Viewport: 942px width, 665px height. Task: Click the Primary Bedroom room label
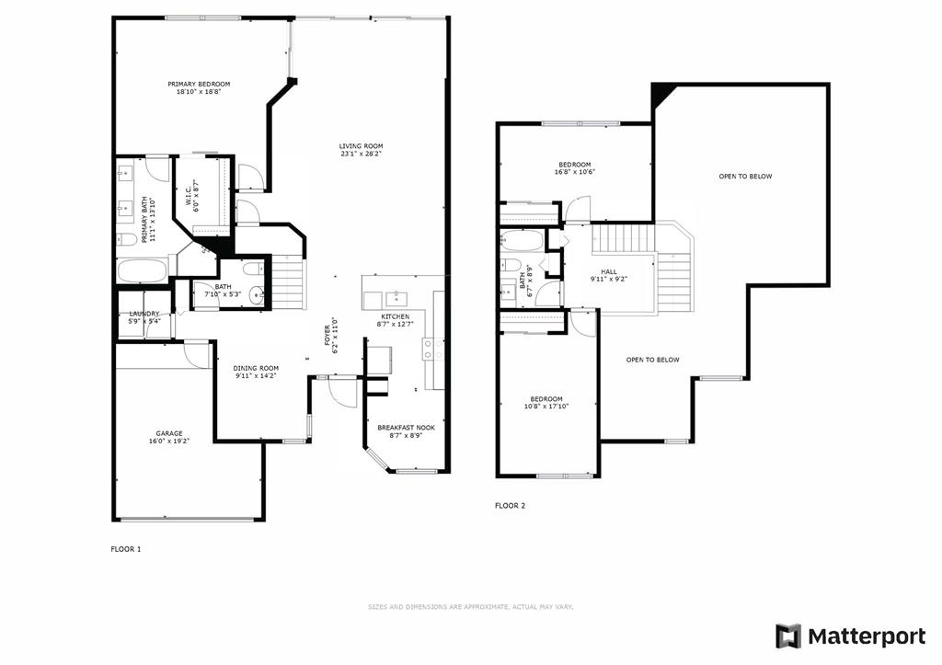tap(199, 84)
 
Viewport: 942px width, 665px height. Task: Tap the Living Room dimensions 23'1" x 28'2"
tap(361, 154)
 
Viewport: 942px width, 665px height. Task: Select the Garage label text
tap(169, 434)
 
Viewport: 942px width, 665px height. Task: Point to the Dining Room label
tap(256, 368)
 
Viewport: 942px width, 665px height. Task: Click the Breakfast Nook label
tap(406, 428)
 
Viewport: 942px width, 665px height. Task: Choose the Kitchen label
tap(396, 316)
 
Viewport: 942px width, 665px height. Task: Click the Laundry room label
tap(144, 314)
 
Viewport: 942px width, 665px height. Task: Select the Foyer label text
tap(327, 335)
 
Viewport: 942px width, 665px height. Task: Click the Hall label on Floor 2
tap(609, 272)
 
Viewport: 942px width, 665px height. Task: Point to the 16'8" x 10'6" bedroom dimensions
tap(574, 172)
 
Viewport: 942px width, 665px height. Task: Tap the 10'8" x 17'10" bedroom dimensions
tap(546, 407)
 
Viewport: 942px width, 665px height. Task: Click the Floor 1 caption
tap(125, 549)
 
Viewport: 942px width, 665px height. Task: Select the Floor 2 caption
tap(510, 506)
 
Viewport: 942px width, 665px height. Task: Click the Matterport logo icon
tap(788, 636)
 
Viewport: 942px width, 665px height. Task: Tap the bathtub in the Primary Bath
tap(143, 270)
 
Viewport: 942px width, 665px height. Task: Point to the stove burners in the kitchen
tap(429, 349)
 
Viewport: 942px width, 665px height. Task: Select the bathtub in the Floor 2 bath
tap(522, 240)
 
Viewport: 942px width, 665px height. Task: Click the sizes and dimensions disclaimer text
tap(470, 607)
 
